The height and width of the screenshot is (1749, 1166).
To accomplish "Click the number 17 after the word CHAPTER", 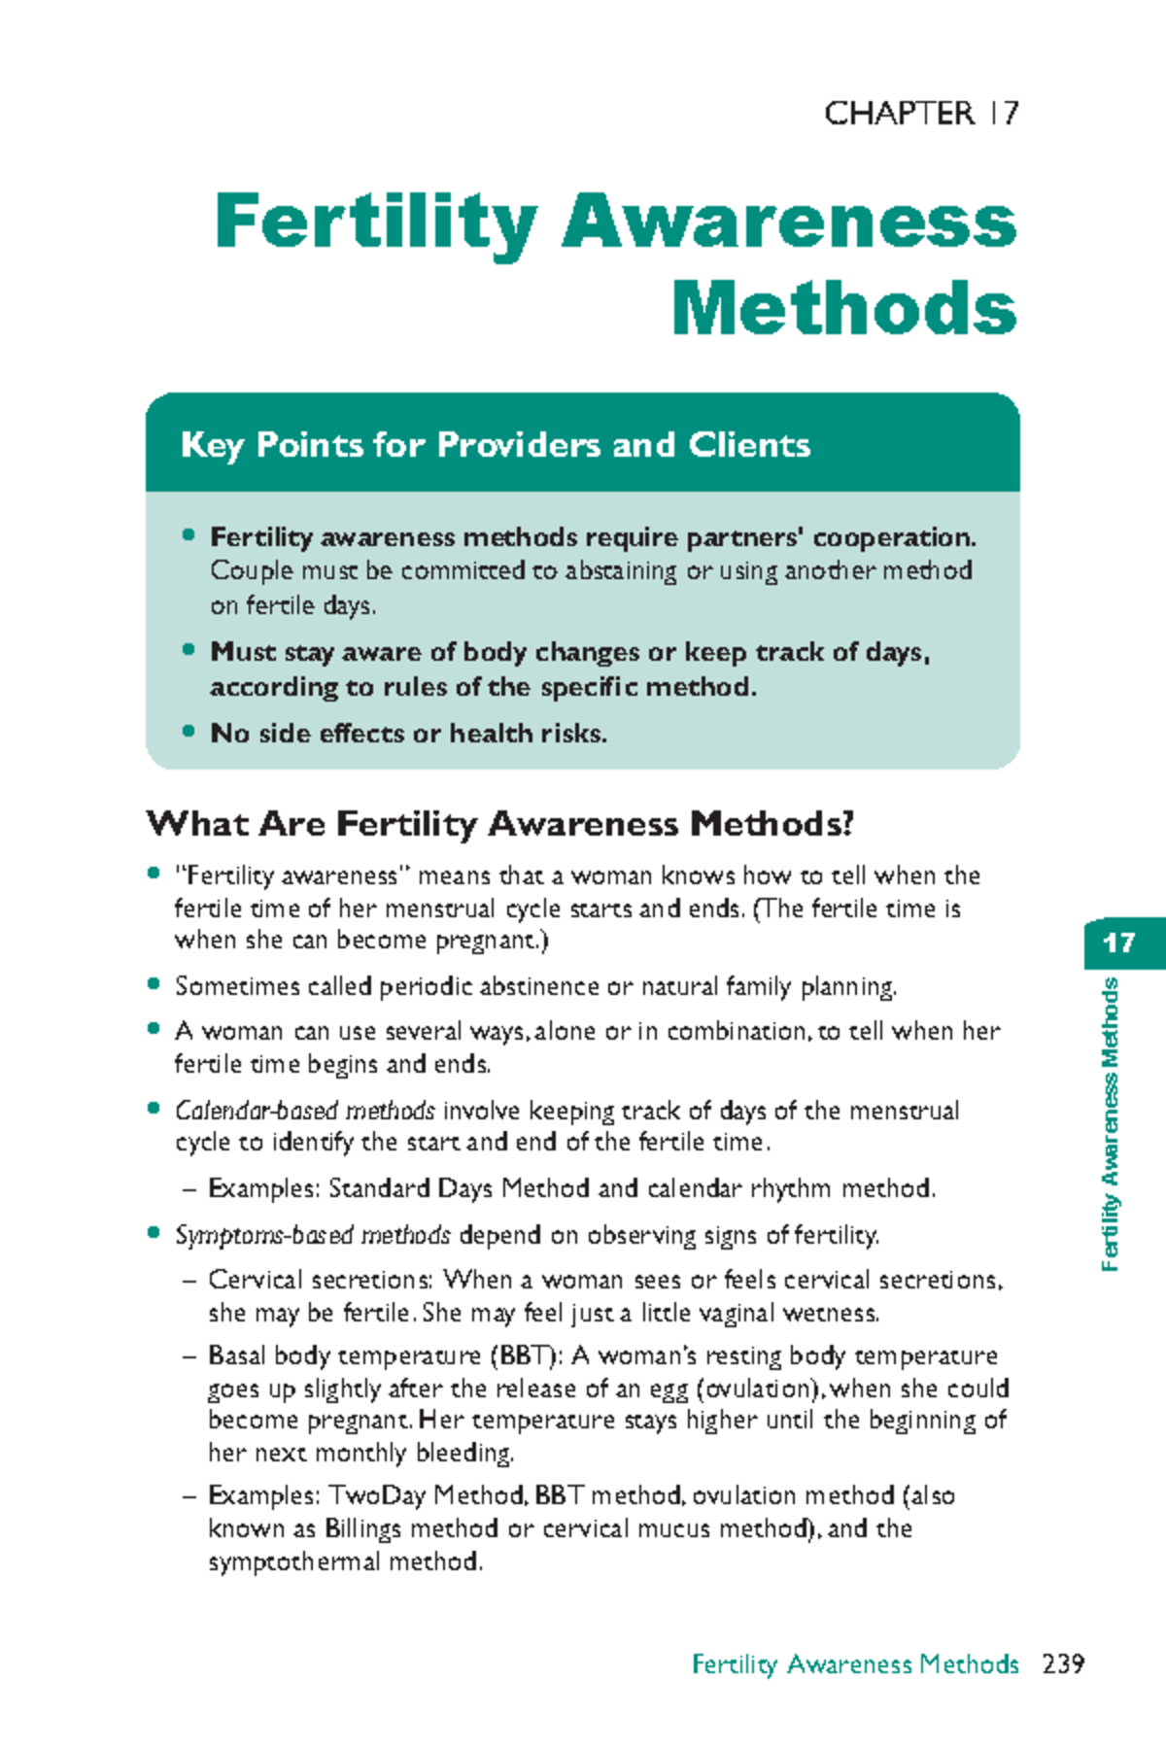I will tap(1004, 114).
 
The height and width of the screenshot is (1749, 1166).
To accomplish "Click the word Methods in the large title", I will tap(843, 309).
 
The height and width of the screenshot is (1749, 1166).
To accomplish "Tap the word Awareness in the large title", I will tap(788, 222).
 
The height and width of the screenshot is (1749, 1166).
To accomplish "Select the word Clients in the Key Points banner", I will tap(749, 445).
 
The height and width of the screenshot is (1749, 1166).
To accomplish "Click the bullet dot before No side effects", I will tap(189, 732).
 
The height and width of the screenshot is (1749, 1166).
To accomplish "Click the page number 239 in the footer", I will tap(1062, 1664).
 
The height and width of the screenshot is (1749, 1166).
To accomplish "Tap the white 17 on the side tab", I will tap(1119, 943).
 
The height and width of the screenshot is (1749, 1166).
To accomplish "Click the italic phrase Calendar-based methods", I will tap(304, 1111).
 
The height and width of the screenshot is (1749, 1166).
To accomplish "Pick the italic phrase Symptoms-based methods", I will tap(312, 1235).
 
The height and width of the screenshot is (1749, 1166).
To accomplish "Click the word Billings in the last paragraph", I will tap(362, 1528).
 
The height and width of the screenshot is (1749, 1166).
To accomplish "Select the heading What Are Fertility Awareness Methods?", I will tap(499, 824).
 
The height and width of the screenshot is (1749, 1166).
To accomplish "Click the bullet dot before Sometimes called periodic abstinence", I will tap(154, 984).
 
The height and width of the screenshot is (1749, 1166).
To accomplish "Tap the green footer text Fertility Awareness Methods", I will tap(854, 1664).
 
